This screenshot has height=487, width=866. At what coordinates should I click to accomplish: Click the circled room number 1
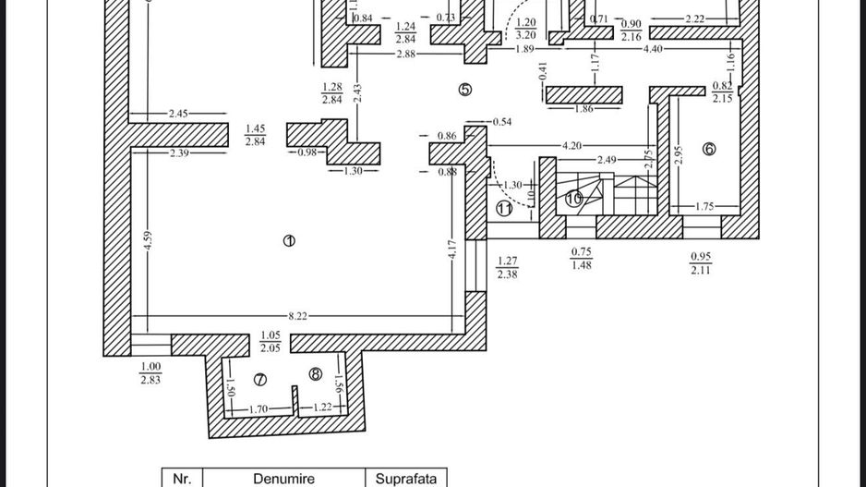[289, 241]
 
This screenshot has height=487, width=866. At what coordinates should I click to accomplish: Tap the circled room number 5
[464, 90]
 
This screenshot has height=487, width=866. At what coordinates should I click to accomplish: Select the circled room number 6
[709, 149]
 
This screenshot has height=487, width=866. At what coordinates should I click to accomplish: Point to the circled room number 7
[259, 379]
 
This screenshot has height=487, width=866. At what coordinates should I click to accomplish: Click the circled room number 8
[316, 374]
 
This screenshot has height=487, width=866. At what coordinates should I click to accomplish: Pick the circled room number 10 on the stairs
[573, 198]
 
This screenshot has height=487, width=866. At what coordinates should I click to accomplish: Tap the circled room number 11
[504, 208]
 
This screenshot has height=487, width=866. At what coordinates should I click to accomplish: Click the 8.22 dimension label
[297, 316]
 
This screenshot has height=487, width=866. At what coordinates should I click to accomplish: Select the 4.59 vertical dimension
[148, 245]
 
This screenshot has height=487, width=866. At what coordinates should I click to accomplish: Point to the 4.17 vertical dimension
[452, 250]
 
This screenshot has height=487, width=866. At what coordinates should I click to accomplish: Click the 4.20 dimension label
[572, 146]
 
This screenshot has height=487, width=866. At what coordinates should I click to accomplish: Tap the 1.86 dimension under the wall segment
[583, 109]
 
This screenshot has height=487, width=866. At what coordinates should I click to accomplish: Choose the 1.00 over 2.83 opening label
[150, 372]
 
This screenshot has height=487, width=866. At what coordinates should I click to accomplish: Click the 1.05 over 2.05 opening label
[271, 341]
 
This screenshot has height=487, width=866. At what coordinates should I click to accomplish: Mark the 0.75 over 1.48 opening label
[581, 259]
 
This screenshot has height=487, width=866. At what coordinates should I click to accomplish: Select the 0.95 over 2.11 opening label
[701, 263]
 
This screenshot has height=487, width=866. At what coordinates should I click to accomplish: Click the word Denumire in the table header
[283, 479]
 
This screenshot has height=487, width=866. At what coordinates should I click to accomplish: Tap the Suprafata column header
[405, 479]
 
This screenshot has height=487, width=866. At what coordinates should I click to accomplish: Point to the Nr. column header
[182, 479]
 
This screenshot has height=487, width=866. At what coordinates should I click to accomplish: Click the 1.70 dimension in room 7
[259, 408]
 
